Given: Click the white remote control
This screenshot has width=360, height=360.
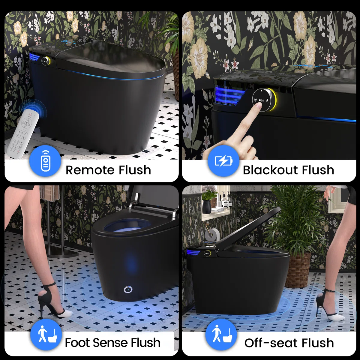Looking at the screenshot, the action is (x=23, y=133).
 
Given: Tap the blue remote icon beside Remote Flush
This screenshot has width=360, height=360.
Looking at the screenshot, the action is (x=45, y=161).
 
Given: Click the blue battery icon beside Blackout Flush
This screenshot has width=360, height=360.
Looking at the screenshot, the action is (x=223, y=161).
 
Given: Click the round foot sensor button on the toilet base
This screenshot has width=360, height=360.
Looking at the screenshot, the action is (x=128, y=290).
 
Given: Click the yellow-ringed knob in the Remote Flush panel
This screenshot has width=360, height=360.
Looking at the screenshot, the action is (x=46, y=60).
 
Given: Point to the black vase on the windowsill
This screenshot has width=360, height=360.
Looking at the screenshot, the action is (x=207, y=206).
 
